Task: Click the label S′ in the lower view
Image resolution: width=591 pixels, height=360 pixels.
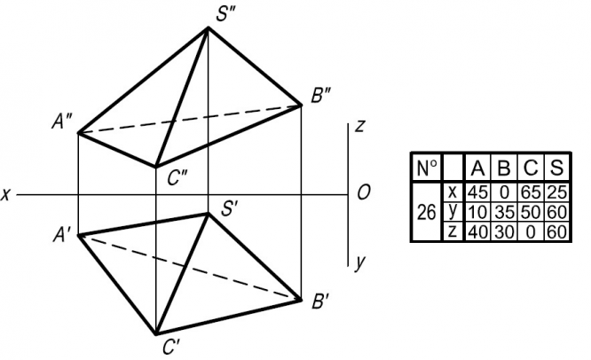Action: (231, 210)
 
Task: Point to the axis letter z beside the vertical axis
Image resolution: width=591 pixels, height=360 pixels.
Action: (359, 126)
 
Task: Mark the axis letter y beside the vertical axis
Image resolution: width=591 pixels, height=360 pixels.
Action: (359, 262)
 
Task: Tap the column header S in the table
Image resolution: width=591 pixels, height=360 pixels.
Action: (556, 168)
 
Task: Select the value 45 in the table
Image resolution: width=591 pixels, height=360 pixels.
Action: (478, 192)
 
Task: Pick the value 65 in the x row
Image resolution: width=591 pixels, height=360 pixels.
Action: (531, 192)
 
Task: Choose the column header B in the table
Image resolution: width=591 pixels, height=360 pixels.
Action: (504, 168)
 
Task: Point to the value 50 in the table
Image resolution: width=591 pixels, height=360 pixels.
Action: (531, 212)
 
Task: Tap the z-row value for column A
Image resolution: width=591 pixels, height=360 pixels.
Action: (478, 231)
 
